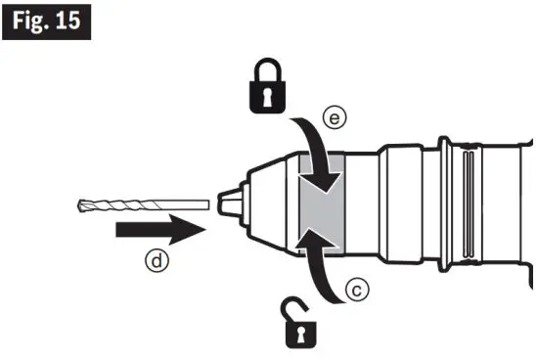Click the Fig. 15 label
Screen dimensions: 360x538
pos(48,22)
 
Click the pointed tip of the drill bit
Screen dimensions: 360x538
pos(78,206)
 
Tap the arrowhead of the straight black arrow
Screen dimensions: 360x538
pos(190,232)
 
